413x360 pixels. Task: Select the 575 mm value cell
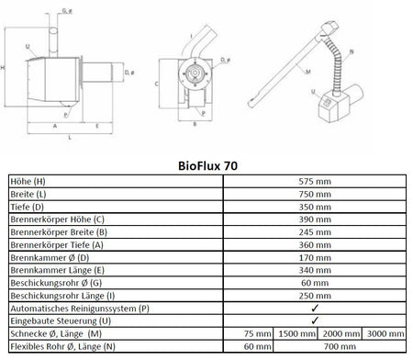(316, 183)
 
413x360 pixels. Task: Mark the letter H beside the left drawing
(6, 68)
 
